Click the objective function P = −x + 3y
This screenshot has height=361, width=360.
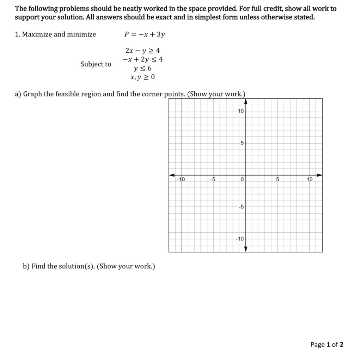tap(145, 34)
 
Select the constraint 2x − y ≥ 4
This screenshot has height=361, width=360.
tap(142, 51)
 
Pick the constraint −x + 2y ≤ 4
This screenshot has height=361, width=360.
tap(142, 60)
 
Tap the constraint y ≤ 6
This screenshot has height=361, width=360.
tap(142, 68)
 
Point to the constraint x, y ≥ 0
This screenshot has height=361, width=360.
tap(142, 77)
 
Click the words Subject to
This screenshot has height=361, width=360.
tap(96, 64)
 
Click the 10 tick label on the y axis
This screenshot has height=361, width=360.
tap(240, 111)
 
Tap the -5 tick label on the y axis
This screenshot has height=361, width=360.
tap(241, 207)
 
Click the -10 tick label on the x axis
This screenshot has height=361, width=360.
tap(181, 180)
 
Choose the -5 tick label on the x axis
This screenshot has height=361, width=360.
tap(213, 180)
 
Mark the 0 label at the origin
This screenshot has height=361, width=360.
tap(242, 180)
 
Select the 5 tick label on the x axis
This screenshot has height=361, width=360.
tap(277, 180)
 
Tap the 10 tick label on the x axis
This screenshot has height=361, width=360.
tap(309, 180)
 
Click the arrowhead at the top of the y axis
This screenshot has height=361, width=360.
tap(246, 102)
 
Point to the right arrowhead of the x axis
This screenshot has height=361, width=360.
tap(319, 175)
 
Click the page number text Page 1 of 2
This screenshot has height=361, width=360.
tap(327, 344)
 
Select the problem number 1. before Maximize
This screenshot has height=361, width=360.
tap(17, 34)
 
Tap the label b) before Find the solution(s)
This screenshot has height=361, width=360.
tap(26, 266)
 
